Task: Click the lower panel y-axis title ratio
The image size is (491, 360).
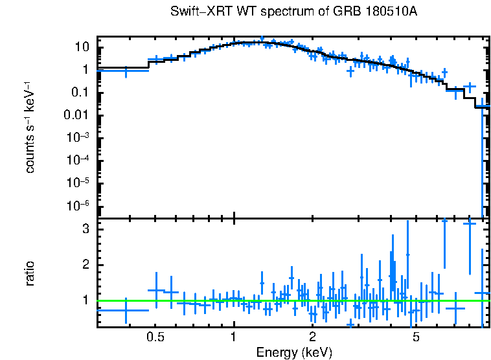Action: tap(30, 273)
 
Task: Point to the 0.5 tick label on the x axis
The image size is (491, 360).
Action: tap(155, 337)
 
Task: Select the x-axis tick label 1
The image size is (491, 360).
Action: tap(233, 337)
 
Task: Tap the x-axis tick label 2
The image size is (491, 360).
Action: tap(312, 337)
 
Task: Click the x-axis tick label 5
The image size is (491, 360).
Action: tap(416, 337)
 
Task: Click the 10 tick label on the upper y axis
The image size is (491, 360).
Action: tap(82, 47)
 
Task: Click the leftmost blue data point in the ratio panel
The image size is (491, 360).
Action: tap(125, 311)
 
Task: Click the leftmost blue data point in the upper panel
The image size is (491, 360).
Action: tap(125, 71)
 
